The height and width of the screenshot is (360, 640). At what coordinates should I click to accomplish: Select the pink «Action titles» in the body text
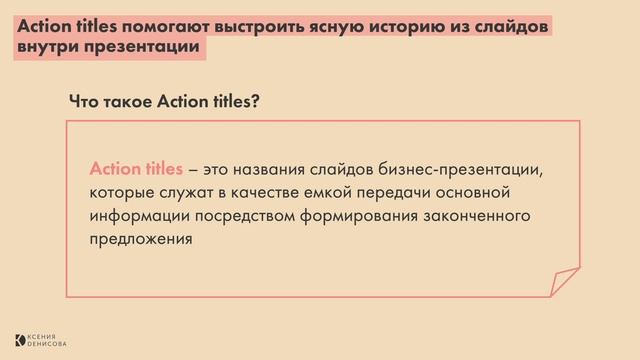coord(136,167)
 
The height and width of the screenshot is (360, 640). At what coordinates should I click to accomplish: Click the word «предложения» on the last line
coord(139,239)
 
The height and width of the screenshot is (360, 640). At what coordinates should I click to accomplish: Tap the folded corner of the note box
coord(565,282)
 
